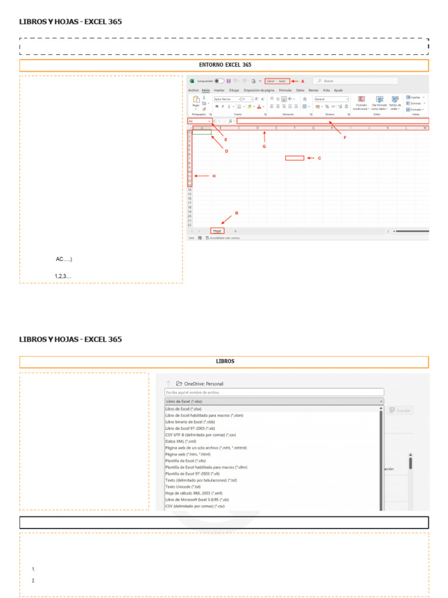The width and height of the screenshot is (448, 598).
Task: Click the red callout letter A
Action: point(303,81)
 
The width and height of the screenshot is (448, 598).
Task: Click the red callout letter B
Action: point(236,213)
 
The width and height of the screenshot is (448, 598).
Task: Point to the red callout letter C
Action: point(319,158)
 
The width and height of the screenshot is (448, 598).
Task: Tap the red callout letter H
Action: point(213,176)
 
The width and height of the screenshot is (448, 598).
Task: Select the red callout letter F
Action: point(344,138)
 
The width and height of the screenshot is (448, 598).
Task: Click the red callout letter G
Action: point(264,147)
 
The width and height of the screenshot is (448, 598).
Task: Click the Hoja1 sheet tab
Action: point(217,231)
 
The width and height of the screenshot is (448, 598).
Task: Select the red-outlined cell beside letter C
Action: point(295,158)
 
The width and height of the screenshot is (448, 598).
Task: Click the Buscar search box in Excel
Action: point(356,81)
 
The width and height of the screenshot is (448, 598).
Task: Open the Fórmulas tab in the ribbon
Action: point(285,91)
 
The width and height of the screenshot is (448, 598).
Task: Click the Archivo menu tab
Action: point(193,91)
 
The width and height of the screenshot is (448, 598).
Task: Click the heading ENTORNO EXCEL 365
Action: point(224,65)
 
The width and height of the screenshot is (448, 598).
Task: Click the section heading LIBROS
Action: point(224,361)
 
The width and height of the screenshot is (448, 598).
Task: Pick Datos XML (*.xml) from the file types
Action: point(180,441)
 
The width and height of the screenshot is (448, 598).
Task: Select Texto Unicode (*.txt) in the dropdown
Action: point(183,486)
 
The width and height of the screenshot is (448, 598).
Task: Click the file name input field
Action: point(274,392)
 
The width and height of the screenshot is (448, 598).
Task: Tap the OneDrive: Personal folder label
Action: point(204,384)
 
